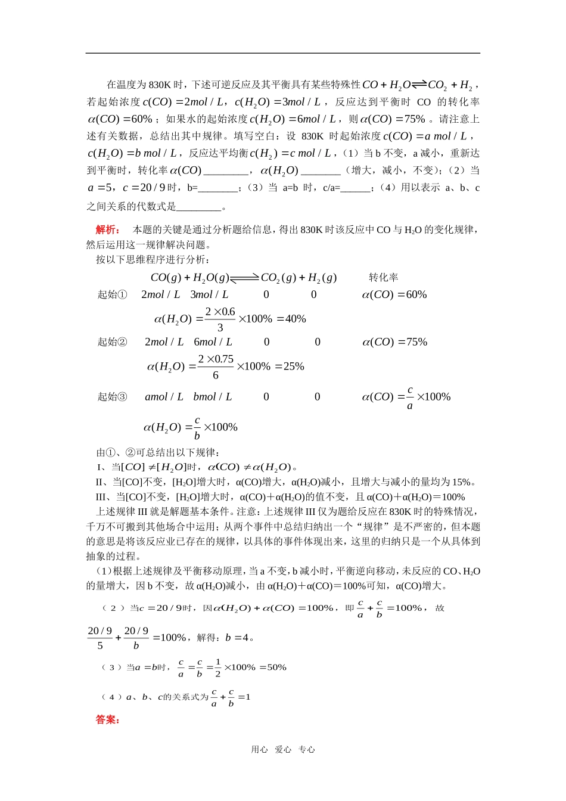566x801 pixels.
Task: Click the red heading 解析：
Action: coord(108,229)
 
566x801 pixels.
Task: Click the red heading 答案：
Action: coord(108,719)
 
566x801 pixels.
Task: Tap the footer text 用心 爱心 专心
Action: coord(283,750)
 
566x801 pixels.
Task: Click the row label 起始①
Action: coord(112,294)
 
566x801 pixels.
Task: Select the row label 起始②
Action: coord(112,342)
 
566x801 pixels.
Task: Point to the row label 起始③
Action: coord(112,397)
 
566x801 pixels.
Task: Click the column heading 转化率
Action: coord(383,277)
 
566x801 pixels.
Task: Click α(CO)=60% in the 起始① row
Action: coord(394,294)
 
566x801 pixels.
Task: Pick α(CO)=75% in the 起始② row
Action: coord(394,342)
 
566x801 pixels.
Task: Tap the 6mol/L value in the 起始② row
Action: coord(213,342)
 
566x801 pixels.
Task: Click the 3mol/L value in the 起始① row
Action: coord(209,294)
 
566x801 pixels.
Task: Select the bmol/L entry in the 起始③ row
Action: coord(212,397)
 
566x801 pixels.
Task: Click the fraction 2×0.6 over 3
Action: coord(220,319)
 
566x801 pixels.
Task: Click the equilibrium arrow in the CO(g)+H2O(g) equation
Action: coord(244,277)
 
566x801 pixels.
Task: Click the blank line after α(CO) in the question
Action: coord(226,171)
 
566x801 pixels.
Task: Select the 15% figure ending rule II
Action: coord(462,482)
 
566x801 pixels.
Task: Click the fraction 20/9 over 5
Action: coord(100,638)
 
